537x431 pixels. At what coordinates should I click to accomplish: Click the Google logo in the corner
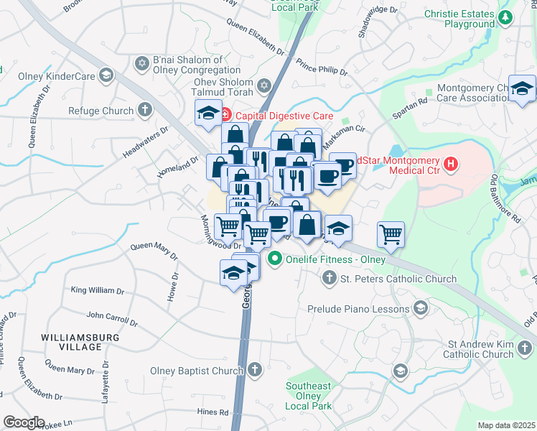tap(23, 422)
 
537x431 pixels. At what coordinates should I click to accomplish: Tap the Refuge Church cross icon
tap(145, 110)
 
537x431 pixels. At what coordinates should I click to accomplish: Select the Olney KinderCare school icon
tap(106, 75)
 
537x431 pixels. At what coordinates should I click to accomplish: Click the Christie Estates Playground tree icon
tap(508, 18)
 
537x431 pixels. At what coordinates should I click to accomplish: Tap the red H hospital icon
tap(450, 164)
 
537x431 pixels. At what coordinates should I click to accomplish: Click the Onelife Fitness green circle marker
tap(274, 259)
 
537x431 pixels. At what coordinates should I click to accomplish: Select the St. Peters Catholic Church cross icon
tap(329, 277)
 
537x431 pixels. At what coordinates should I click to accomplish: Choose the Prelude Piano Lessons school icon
tap(421, 308)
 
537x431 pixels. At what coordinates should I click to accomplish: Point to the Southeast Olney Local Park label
tap(309, 396)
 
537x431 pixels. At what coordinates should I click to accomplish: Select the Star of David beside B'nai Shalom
tap(140, 65)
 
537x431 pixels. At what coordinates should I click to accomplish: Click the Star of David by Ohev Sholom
tap(263, 87)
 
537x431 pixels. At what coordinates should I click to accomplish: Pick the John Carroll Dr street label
tap(111, 318)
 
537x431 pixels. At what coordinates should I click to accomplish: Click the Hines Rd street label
tap(214, 412)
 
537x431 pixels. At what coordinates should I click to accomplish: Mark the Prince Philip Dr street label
tap(321, 68)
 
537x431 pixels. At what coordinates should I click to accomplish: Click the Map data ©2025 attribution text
tap(505, 425)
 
